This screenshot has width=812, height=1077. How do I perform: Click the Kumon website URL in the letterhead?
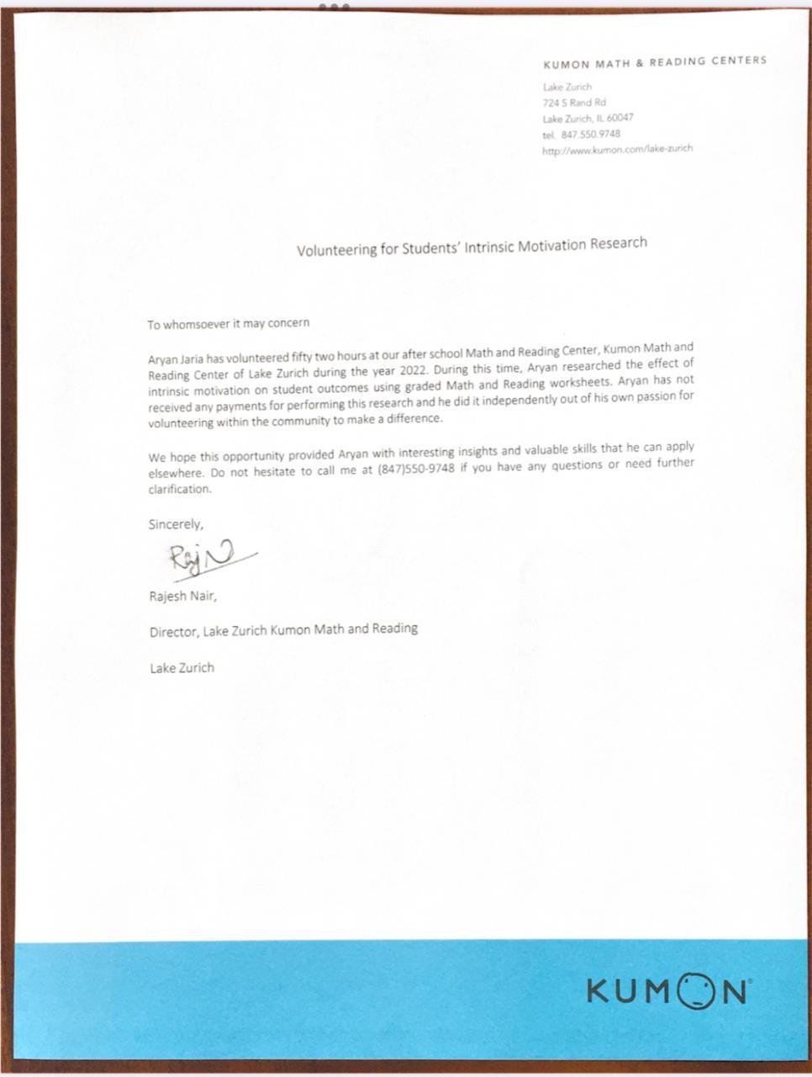(618, 149)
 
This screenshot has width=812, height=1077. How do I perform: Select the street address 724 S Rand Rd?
(574, 103)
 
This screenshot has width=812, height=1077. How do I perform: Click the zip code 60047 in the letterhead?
(621, 118)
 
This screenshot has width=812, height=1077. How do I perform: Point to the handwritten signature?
(206, 557)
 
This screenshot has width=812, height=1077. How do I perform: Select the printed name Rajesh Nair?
(182, 597)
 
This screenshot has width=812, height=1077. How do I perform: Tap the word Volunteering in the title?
(335, 250)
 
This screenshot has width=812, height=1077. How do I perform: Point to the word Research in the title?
(618, 243)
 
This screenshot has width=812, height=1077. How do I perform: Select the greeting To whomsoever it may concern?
(229, 323)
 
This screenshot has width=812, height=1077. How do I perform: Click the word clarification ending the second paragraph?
(180, 489)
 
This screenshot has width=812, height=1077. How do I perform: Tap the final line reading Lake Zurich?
(182, 668)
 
